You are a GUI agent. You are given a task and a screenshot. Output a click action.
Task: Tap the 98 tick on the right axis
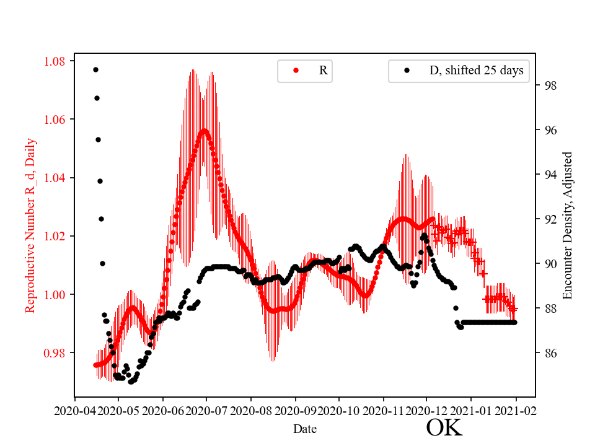pyautogui.click(x=548, y=85)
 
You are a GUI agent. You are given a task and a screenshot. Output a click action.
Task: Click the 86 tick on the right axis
pyautogui.click(x=548, y=353)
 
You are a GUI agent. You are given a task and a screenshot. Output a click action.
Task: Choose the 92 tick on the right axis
pyautogui.click(x=548, y=219)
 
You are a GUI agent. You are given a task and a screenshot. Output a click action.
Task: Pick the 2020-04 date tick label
pyautogui.click(x=75, y=410)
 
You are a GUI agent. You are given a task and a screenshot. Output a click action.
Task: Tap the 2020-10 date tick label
pyautogui.click(x=339, y=410)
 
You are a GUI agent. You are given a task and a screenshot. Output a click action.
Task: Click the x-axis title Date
pyautogui.click(x=305, y=428)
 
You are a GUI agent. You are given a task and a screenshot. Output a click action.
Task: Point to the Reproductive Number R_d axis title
pyautogui.click(x=30, y=225)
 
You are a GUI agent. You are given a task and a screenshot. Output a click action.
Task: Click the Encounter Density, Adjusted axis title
pyautogui.click(x=568, y=225)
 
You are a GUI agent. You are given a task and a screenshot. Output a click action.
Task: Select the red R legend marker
pyautogui.click(x=296, y=71)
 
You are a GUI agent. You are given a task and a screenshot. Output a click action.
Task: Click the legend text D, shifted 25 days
pyautogui.click(x=476, y=71)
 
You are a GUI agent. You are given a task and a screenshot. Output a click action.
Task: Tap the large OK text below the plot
pyautogui.click(x=444, y=427)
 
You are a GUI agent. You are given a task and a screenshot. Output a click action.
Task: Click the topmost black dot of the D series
pyautogui.click(x=95, y=69)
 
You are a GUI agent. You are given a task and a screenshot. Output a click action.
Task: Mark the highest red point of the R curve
pyautogui.click(x=204, y=131)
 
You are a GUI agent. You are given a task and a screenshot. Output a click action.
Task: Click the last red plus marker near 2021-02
pyautogui.click(x=514, y=308)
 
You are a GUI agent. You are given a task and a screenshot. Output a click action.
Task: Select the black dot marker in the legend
pyautogui.click(x=407, y=71)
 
